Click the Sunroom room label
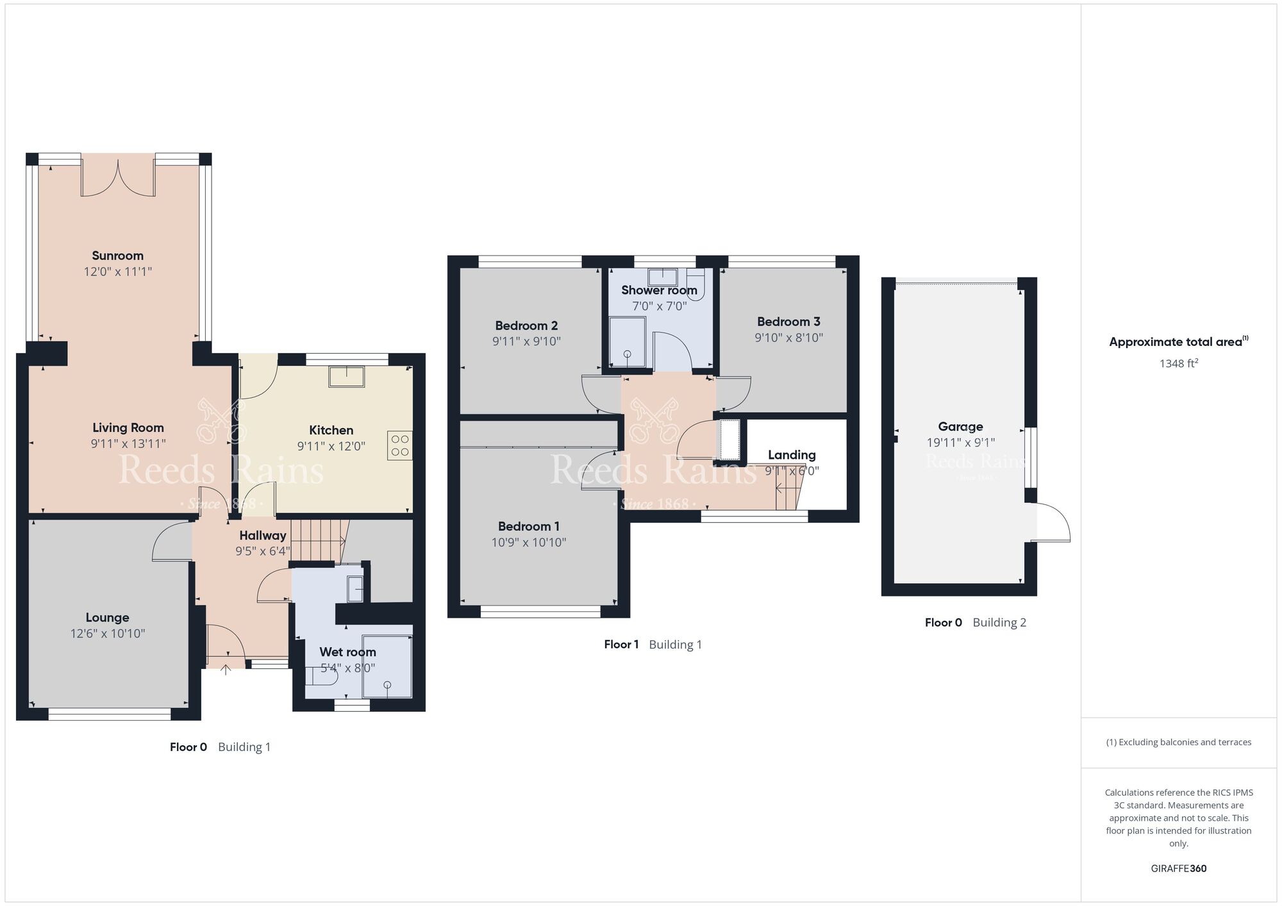(x=117, y=256)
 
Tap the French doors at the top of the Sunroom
(x=118, y=179)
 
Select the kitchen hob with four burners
(x=400, y=445)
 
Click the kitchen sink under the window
(x=347, y=377)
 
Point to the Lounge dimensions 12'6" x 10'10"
(x=108, y=634)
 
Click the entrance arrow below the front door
(x=226, y=670)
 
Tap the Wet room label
(x=347, y=652)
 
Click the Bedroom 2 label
(x=526, y=325)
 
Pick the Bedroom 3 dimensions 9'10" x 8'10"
(x=788, y=338)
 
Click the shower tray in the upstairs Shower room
(x=628, y=343)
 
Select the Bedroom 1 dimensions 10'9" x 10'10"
(x=529, y=543)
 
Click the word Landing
(x=792, y=455)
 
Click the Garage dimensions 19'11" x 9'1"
(x=960, y=443)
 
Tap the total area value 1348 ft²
(x=1178, y=364)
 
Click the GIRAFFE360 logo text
(x=1178, y=869)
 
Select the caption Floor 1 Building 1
(x=653, y=645)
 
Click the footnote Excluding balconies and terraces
(x=1178, y=743)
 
